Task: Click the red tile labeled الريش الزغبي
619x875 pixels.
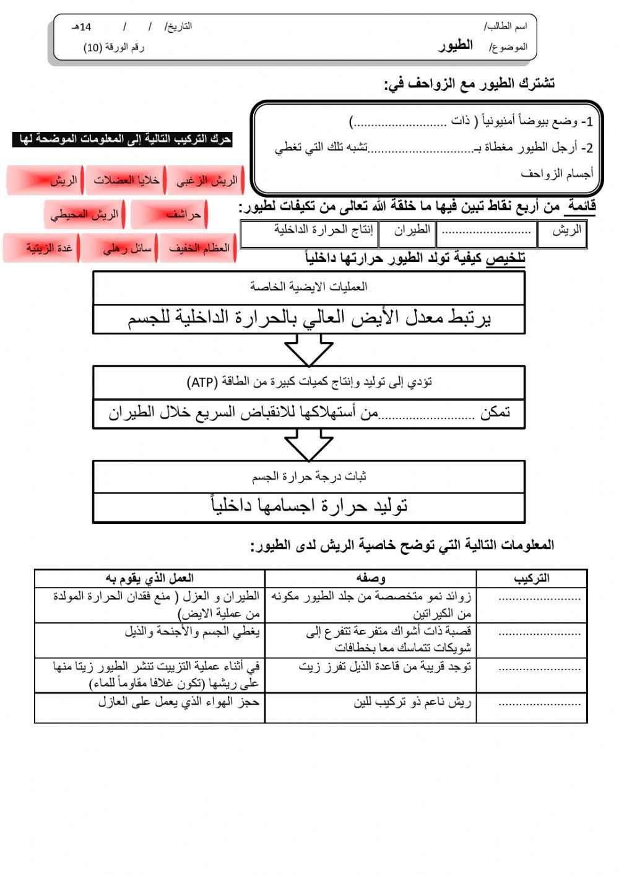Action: pos(206,181)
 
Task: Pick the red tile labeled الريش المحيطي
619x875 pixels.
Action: pos(85,215)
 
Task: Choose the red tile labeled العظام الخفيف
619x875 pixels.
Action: pos(198,248)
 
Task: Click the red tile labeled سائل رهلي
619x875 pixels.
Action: pos(119,248)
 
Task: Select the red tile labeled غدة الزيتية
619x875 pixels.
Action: pos(41,248)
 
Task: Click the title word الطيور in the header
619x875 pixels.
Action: pos(456,45)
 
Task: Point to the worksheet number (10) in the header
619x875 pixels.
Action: pos(93,48)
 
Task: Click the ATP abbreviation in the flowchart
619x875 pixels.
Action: pos(202,382)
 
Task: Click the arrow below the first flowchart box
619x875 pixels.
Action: pos(309,350)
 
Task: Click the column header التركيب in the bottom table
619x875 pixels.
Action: pos(531,578)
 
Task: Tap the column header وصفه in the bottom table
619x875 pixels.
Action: pos(370,578)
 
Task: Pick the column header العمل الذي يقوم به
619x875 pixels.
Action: pos(150,578)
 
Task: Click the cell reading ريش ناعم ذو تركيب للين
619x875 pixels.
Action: pos(412,702)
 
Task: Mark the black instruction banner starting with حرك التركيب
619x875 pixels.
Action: pos(122,139)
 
